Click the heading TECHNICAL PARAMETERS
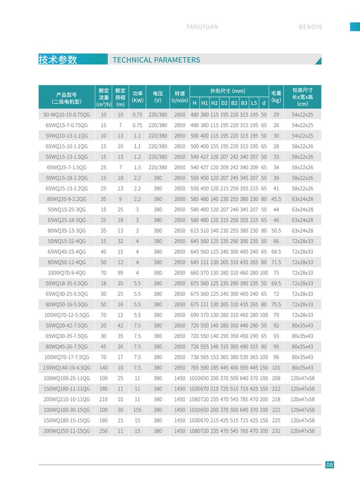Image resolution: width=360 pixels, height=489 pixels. click(x=156, y=60)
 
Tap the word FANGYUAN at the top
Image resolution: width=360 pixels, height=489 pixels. click(x=202, y=27)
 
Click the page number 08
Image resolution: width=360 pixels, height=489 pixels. click(x=329, y=464)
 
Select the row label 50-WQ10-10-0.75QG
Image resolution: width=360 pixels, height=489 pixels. click(x=66, y=115)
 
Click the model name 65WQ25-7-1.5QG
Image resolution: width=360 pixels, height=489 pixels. click(x=66, y=167)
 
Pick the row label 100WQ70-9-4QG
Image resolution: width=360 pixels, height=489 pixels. click(x=66, y=273)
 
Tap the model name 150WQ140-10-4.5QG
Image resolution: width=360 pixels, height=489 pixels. click(x=66, y=368)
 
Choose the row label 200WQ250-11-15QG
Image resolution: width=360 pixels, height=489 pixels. click(x=66, y=431)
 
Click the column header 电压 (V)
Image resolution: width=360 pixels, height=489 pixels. click(x=158, y=97)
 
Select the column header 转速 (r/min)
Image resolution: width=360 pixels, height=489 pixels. click(x=179, y=97)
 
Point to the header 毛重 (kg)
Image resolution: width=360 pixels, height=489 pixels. click(x=276, y=97)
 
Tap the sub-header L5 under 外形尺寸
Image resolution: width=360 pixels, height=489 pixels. click(x=254, y=103)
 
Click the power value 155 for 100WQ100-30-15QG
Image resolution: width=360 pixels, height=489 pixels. click(x=137, y=410)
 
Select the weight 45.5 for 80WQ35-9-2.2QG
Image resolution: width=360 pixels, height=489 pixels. click(x=276, y=199)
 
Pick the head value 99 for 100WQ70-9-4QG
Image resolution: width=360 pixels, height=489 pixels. click(x=120, y=273)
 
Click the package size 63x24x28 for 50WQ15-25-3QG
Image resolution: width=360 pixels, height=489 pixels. click(x=302, y=210)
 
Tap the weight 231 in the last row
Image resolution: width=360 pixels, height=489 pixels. click(x=276, y=431)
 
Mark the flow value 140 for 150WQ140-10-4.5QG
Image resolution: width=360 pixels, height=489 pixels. click(x=103, y=368)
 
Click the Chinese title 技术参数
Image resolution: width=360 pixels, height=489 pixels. click(x=58, y=60)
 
